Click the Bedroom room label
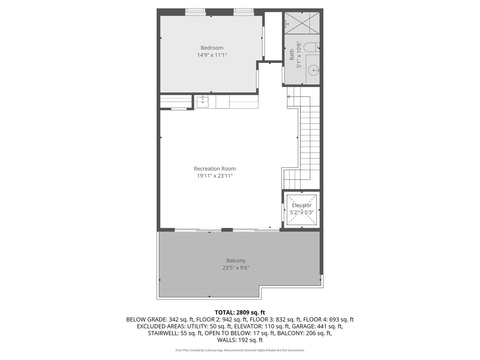(212, 48)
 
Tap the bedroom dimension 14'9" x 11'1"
(212, 55)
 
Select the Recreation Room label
(215, 169)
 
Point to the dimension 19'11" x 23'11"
(215, 176)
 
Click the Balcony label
(236, 261)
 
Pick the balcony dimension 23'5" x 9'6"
(236, 268)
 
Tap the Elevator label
(302, 205)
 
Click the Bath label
(292, 54)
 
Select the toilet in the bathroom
(313, 48)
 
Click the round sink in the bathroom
(314, 70)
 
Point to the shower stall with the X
(302, 23)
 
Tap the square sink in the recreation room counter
(202, 102)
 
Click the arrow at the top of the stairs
(289, 97)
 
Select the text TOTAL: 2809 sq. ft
(240, 312)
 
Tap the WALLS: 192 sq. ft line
(240, 340)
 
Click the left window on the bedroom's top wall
(195, 12)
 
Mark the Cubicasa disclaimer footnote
(240, 350)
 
